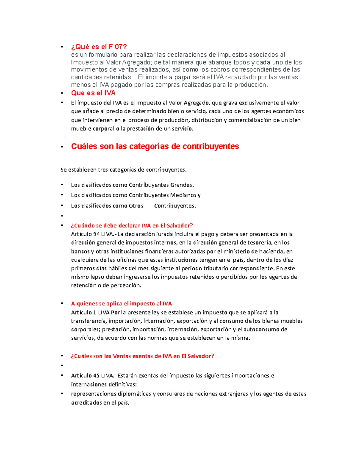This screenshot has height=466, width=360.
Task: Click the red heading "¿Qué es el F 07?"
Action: pos(99,47)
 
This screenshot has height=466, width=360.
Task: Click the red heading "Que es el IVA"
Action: pos(93,93)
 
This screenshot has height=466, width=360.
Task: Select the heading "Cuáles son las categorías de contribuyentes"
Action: pos(155,146)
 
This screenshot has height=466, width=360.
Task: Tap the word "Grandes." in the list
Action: pos(182,185)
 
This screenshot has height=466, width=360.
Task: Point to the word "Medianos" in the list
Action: pos(183,195)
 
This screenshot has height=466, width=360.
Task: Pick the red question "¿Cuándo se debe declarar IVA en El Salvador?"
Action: pos(132,226)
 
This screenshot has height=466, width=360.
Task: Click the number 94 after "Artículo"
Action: pos(96,234)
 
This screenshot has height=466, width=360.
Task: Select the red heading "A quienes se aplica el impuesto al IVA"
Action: pos(121,304)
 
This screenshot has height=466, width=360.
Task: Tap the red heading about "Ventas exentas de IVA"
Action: pos(142,356)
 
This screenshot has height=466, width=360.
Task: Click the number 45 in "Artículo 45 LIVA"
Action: pos(96,376)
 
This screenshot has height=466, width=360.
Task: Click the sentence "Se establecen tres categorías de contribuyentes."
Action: pos(123,170)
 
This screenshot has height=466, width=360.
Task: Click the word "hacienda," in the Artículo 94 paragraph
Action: pos(272,251)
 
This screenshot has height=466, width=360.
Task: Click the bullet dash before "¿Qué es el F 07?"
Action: pos(62,47)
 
